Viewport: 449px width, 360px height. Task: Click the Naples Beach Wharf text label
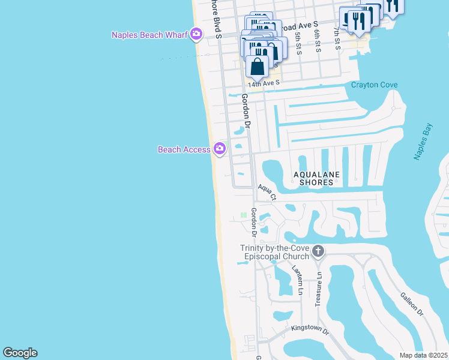pos(149,35)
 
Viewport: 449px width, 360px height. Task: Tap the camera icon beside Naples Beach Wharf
pos(196,34)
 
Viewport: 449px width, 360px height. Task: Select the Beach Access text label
pos(184,149)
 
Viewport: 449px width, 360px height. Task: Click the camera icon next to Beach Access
pos(220,148)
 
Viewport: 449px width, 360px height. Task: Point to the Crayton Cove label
pos(374,85)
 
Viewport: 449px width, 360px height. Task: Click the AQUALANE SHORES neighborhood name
pos(316,178)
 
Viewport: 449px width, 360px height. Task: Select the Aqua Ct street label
pos(267,192)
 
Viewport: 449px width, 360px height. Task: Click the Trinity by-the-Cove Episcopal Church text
pos(274,252)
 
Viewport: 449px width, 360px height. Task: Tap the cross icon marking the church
pos(318,252)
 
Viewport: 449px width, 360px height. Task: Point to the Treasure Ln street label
pos(319,289)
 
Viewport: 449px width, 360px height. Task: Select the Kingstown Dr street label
pos(310,329)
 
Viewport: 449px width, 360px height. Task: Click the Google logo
pos(20,353)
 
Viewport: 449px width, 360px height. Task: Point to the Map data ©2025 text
pos(423,355)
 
